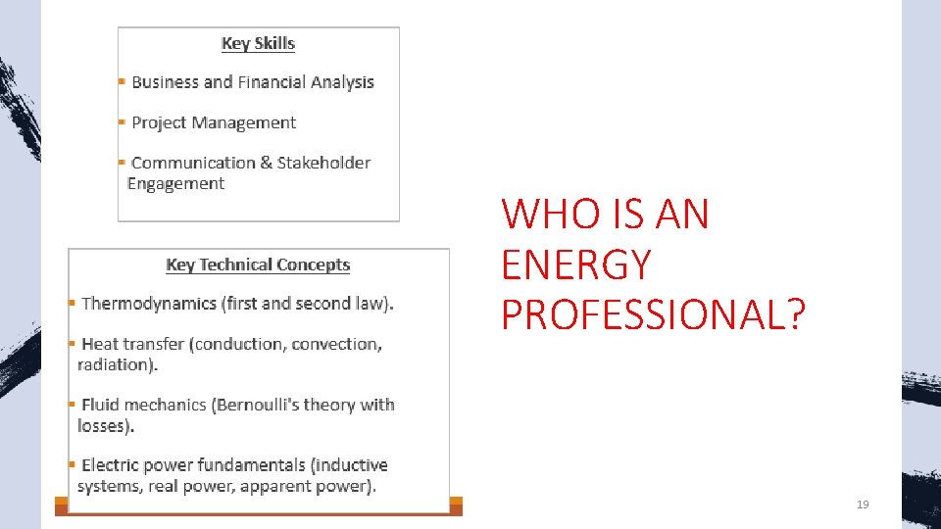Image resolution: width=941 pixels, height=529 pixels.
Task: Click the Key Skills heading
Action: [258, 43]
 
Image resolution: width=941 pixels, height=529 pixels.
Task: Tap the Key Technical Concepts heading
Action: [258, 264]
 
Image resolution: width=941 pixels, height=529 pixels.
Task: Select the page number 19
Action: [863, 505]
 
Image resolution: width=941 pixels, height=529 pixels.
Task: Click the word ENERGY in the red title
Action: [575, 264]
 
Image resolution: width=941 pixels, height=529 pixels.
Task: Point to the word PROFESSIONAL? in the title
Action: [653, 315]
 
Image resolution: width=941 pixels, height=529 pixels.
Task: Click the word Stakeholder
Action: [323, 163]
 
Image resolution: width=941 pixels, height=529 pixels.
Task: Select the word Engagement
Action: [175, 184]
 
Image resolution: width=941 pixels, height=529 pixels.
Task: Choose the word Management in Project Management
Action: [243, 122]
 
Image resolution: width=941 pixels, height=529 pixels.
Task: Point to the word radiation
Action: [116, 364]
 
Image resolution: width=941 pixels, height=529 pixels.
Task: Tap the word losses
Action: [104, 426]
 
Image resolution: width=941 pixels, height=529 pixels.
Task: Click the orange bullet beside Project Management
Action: [122, 122]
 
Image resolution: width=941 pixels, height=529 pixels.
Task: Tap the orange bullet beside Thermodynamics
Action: [72, 304]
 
